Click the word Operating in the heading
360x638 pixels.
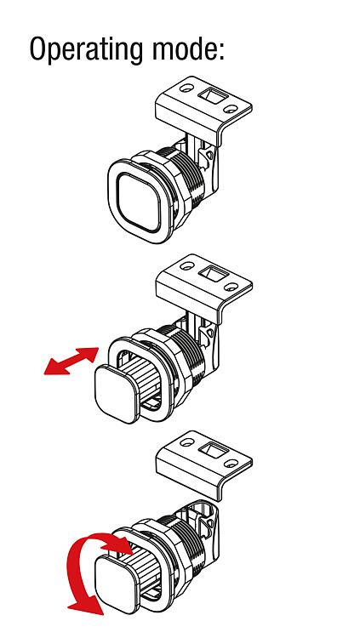pos(85,49)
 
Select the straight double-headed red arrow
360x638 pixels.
pos(71,361)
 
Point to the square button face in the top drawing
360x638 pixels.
pos(139,202)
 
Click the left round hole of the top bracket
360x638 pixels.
pos(187,88)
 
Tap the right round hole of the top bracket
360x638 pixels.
pos(231,109)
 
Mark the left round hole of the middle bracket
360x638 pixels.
pos(187,265)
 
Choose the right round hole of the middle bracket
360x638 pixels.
pos(231,287)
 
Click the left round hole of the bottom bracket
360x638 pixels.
pos(187,441)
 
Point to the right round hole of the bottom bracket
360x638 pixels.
pos(231,464)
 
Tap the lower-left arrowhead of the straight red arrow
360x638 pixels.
pos(53,367)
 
